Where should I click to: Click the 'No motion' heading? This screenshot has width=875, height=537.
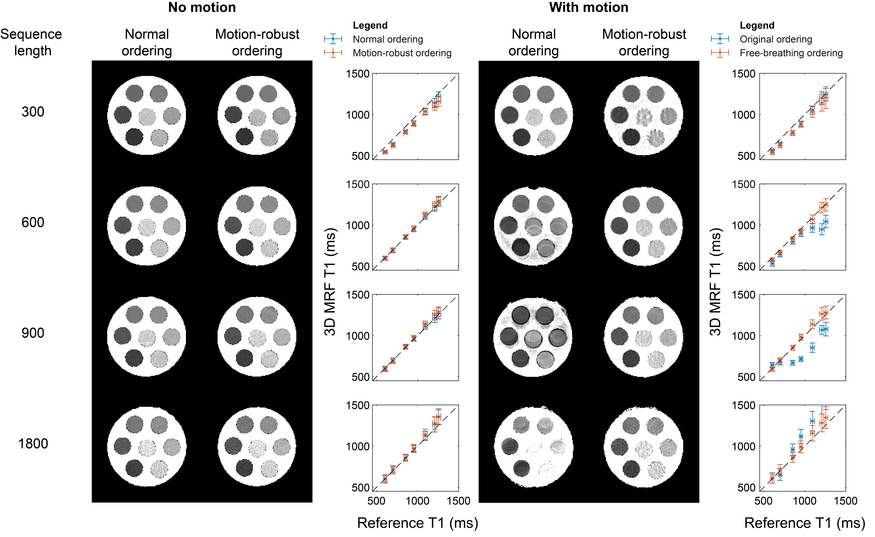pos(202,7)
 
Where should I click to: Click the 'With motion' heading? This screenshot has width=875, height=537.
pos(588,7)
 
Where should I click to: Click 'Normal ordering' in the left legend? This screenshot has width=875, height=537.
pos(388,39)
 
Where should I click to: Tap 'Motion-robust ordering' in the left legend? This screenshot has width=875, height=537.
pos(402,53)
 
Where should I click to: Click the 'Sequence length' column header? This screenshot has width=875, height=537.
pos(31,42)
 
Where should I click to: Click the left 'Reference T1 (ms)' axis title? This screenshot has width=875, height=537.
pos(418,523)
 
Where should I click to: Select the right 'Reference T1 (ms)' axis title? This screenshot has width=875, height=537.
pos(804,523)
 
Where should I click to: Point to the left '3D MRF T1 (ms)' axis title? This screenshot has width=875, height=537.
pos(330,282)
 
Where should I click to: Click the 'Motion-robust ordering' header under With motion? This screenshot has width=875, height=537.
pos(644,42)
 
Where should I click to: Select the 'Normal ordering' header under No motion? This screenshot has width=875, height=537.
pos(147,42)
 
